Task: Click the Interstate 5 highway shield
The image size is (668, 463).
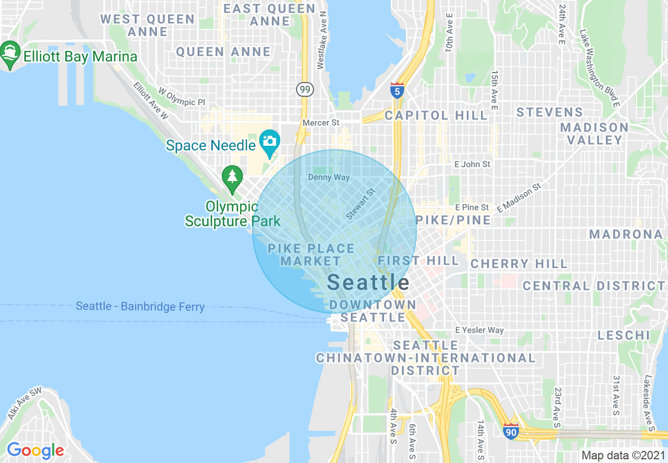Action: coord(397,90)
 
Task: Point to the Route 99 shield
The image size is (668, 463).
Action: coord(304,89)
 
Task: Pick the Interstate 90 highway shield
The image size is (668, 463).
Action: coord(510,431)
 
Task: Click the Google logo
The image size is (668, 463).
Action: coord(35,450)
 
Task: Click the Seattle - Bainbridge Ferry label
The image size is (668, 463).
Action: coord(140,306)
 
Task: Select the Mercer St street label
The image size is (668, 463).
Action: coord(321,123)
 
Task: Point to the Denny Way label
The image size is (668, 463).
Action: coord(329,177)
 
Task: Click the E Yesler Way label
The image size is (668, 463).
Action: coord(479,330)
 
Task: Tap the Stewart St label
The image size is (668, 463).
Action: coord(360,205)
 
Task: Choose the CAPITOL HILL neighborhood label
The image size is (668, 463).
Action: coord(436,115)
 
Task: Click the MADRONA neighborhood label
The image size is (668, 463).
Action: coord(626,234)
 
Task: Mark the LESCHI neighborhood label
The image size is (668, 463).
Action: coord(624,335)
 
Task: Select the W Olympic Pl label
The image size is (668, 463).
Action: coord(182,98)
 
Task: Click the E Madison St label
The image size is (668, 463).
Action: coord(519,197)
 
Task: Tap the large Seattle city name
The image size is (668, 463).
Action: coord(368,283)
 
